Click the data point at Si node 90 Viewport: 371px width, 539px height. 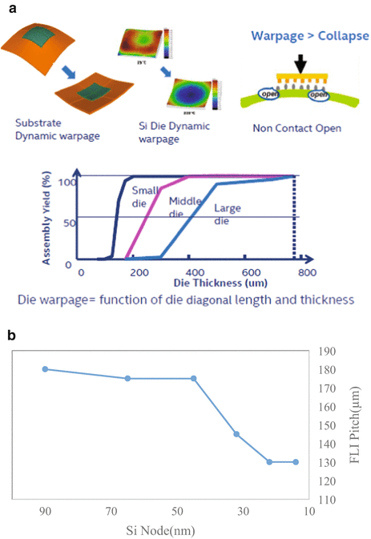point(45,369)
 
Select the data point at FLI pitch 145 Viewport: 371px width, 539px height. point(236,434)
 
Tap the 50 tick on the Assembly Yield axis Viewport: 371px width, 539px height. point(69,220)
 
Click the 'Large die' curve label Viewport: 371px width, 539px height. point(229,214)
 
